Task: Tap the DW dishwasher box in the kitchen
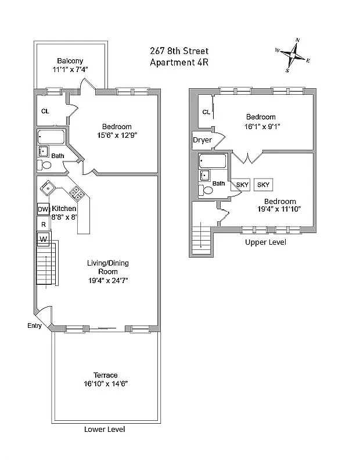tap(43, 209)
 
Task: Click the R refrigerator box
tap(43, 224)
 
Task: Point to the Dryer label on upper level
tap(203, 140)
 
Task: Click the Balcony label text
tap(70, 61)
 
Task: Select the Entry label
tap(34, 326)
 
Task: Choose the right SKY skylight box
tap(264, 185)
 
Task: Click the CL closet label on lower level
tap(45, 112)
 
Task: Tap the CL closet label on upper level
tap(206, 112)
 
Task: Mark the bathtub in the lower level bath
tap(52, 137)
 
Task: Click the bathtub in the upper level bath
tap(213, 161)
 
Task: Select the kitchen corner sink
tap(48, 187)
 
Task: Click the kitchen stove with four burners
tap(75, 192)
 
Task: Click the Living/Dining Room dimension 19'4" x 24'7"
tap(107, 280)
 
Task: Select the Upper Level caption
tap(265, 242)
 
